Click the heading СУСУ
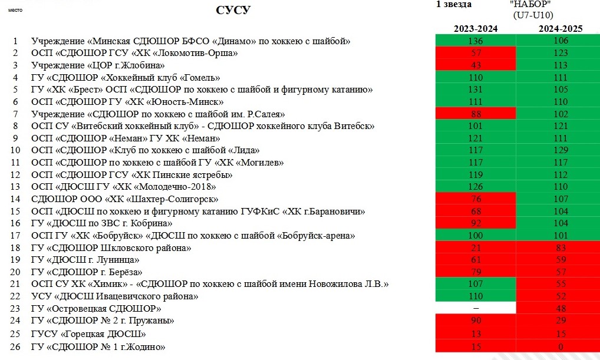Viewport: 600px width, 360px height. (233, 11)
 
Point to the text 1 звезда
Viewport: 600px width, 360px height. (454, 5)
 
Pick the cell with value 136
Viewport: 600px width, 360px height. (476, 41)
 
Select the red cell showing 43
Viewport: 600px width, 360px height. (476, 65)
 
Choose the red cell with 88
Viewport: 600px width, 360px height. (476, 114)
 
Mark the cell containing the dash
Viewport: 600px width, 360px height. (476, 309)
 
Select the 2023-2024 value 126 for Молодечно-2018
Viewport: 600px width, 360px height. (476, 187)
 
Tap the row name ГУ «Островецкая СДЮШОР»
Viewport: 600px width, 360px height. (97, 309)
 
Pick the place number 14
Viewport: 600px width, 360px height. (15, 199)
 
